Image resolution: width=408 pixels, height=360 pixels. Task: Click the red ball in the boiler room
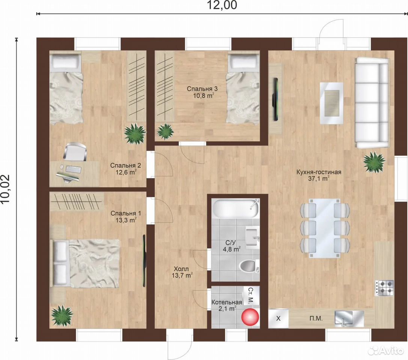(250, 316)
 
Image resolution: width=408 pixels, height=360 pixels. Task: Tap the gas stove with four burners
(384, 288)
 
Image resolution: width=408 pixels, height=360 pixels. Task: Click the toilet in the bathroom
(249, 266)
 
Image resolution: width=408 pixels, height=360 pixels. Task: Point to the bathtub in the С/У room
(235, 209)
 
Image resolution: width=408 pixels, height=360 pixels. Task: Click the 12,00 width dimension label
(222, 5)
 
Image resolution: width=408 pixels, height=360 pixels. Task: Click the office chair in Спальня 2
(75, 151)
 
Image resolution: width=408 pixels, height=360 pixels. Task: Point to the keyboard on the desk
(73, 169)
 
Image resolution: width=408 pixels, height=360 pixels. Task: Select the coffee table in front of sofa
(331, 103)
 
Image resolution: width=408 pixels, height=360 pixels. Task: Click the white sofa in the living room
(372, 102)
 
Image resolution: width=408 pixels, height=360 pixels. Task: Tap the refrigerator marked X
(279, 318)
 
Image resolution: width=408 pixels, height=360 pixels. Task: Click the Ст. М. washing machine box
(251, 295)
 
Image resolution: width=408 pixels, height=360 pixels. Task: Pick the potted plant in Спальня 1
(62, 315)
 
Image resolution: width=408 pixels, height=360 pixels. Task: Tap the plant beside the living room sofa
(374, 162)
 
